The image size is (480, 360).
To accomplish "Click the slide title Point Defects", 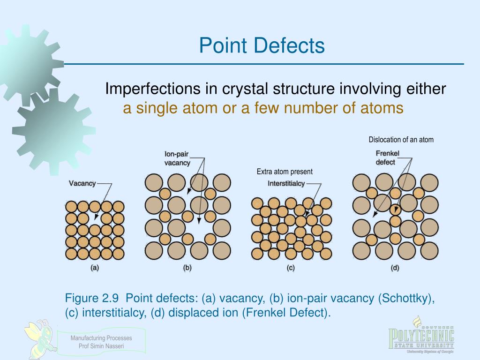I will pyautogui.click(x=262, y=46).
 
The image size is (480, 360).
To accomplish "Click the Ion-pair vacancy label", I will pyautogui.click(x=177, y=158).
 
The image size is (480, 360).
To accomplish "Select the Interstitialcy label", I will pyautogui.click(x=286, y=183).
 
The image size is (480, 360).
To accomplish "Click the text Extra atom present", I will pyautogui.click(x=284, y=172).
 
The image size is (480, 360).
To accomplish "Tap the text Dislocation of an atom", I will pyautogui.click(x=401, y=140).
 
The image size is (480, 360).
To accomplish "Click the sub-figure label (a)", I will pyautogui.click(x=94, y=268).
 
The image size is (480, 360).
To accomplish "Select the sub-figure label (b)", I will pyautogui.click(x=187, y=268).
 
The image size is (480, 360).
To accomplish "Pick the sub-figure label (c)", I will pyautogui.click(x=290, y=268).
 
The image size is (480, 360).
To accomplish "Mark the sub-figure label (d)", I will pyautogui.click(x=395, y=268).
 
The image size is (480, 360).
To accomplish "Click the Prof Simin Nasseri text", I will pyautogui.click(x=101, y=346).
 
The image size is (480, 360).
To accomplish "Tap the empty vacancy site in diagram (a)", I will pyautogui.click(x=95, y=218).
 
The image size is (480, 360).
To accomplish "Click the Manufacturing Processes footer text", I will pyautogui.click(x=101, y=338).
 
